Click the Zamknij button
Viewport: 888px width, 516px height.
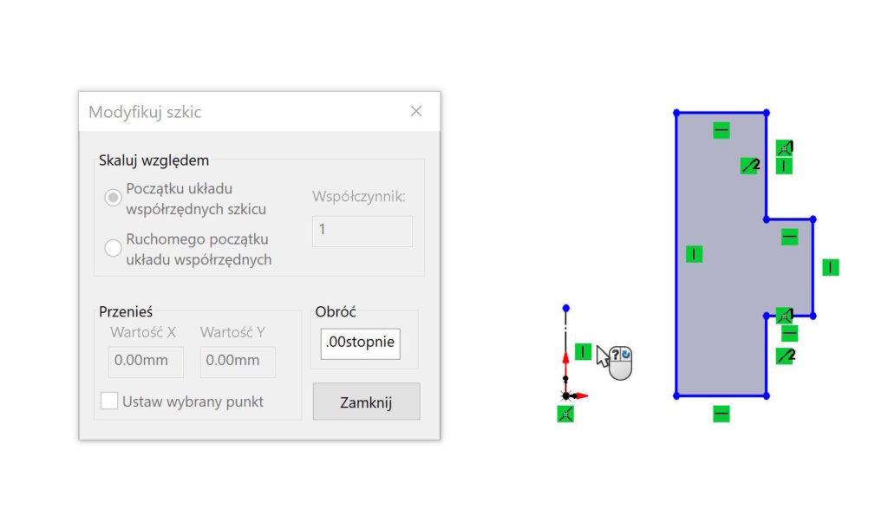pyautogui.click(x=366, y=402)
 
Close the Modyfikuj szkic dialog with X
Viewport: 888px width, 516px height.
pyautogui.click(x=416, y=111)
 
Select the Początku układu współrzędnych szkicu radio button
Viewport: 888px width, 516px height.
pyautogui.click(x=113, y=198)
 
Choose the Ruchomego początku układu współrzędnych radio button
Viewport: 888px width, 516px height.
pyautogui.click(x=113, y=248)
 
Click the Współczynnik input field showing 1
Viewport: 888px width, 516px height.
pyautogui.click(x=362, y=231)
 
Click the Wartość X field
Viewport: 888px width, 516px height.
pyautogui.click(x=146, y=361)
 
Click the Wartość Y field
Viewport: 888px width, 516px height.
pyautogui.click(x=238, y=361)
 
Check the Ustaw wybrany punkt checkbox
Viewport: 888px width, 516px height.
pyautogui.click(x=109, y=401)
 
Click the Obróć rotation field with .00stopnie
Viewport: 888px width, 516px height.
pyautogui.click(x=360, y=343)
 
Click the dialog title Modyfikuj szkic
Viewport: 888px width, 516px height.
pyautogui.click(x=145, y=112)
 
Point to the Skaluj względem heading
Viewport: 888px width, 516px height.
pyautogui.click(x=153, y=160)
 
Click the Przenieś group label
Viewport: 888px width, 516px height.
pyautogui.click(x=126, y=311)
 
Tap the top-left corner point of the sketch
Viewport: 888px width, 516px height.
pyautogui.click(x=676, y=112)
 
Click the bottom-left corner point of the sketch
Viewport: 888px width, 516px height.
pyautogui.click(x=676, y=395)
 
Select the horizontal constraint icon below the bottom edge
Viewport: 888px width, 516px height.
pyautogui.click(x=721, y=415)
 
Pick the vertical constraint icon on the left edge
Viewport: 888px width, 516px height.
pyautogui.click(x=694, y=254)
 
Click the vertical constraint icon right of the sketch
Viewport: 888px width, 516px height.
pyautogui.click(x=831, y=267)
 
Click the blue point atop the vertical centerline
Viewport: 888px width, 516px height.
pyautogui.click(x=565, y=308)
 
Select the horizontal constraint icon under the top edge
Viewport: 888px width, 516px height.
pyautogui.click(x=721, y=131)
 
